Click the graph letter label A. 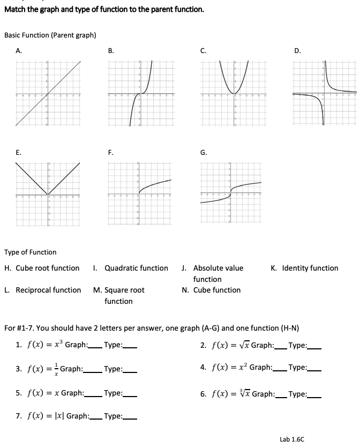(19, 51)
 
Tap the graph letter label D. (297, 51)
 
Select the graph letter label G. (204, 153)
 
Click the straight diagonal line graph (48, 94)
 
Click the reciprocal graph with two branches (324, 94)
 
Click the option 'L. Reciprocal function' (42, 290)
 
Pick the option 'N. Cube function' (211, 290)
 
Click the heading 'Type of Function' (30, 252)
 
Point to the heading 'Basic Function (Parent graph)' (50, 35)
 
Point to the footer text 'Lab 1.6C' (292, 439)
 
